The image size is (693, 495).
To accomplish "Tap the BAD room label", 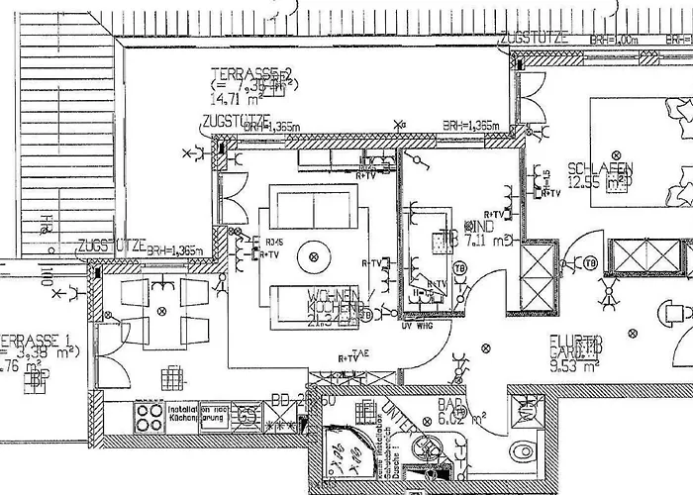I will click(451, 403).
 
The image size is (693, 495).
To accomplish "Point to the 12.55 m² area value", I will click(597, 181).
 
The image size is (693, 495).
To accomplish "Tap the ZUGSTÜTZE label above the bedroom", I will click(535, 38).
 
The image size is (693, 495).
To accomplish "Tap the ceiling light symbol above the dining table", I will click(161, 311).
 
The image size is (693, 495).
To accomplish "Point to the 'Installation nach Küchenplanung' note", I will click(198, 413).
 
